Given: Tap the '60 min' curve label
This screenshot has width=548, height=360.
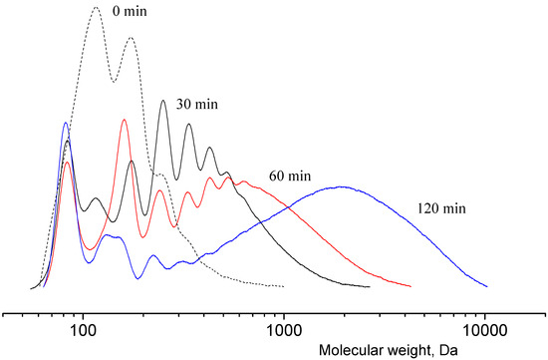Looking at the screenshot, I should (x=288, y=176).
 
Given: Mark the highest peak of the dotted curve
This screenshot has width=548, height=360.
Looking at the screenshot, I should (x=96, y=7).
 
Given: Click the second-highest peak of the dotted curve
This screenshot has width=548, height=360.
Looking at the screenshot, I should (x=131, y=39).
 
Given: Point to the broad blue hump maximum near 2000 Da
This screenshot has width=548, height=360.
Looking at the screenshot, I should (x=342, y=186).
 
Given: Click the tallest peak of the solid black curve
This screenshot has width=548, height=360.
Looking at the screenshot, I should (x=163, y=100).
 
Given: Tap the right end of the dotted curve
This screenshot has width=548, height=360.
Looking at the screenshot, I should (x=285, y=286).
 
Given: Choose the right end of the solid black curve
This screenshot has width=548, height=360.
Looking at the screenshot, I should (x=370, y=286).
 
